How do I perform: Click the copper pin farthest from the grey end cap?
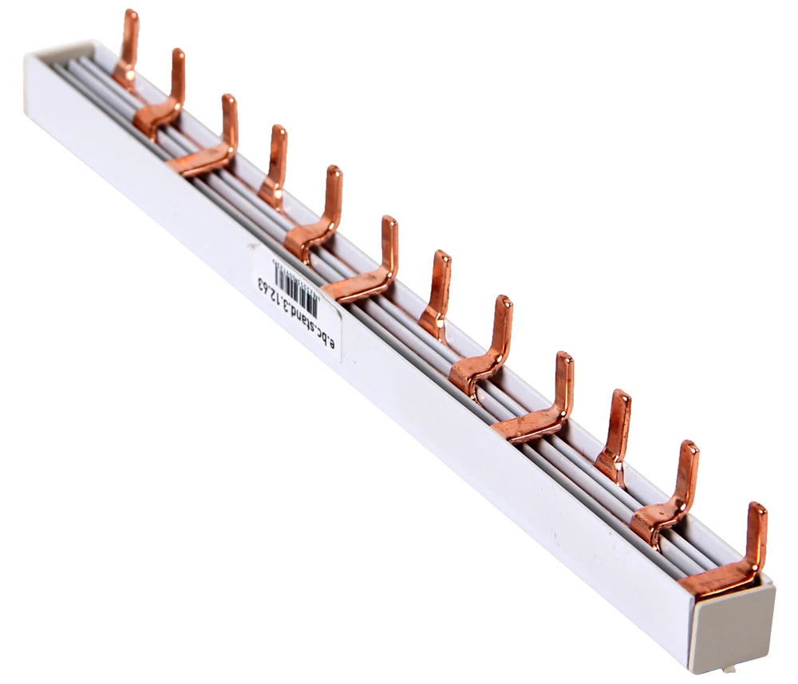127,48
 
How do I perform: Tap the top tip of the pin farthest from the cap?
130,14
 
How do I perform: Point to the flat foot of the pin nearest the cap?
714,579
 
